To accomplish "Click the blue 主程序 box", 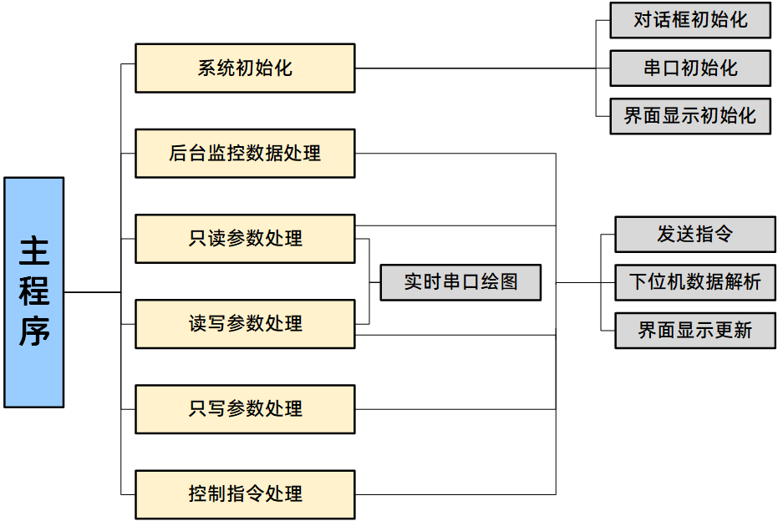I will pyautogui.click(x=34, y=292).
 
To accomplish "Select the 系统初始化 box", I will pyautogui.click(x=245, y=68).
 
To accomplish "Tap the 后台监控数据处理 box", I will pyautogui.click(x=245, y=154).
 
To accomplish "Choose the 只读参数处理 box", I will pyautogui.click(x=245, y=239).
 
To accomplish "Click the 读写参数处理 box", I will pyautogui.click(x=245, y=324).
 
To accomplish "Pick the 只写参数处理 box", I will pyautogui.click(x=245, y=409).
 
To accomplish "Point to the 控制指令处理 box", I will pyautogui.click(x=245, y=494).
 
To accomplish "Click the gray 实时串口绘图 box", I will pyautogui.click(x=460, y=282).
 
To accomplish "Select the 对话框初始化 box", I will pyautogui.click(x=690, y=20).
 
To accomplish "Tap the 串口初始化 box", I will pyautogui.click(x=690, y=68).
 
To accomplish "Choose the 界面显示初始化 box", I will pyautogui.click(x=690, y=116).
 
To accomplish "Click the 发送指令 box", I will pyautogui.click(x=695, y=235).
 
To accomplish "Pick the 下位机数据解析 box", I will pyautogui.click(x=695, y=282).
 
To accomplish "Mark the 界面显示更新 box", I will pyautogui.click(x=695, y=331).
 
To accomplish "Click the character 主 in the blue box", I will pyautogui.click(x=34, y=250).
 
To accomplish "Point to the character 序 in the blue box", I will pyautogui.click(x=34, y=331).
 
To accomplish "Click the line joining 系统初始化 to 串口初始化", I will pyautogui.click(x=476, y=68).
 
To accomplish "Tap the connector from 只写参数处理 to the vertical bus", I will pyautogui.click(x=455, y=409).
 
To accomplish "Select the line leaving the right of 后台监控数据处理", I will pyautogui.click(x=455, y=154).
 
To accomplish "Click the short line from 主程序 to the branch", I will pyautogui.click(x=92, y=292).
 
